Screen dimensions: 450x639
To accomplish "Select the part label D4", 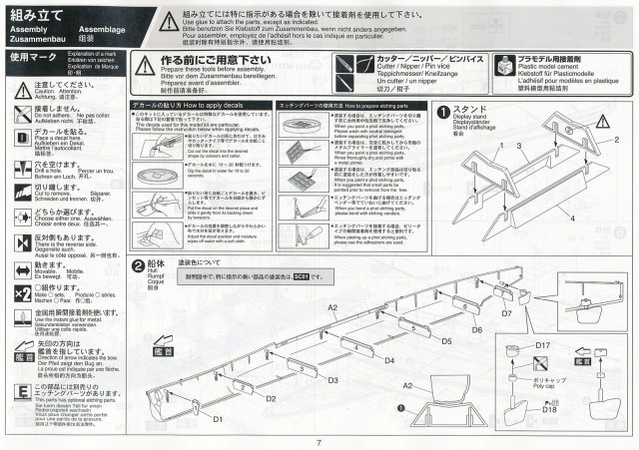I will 389,359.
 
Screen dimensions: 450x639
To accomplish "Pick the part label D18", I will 549,408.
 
